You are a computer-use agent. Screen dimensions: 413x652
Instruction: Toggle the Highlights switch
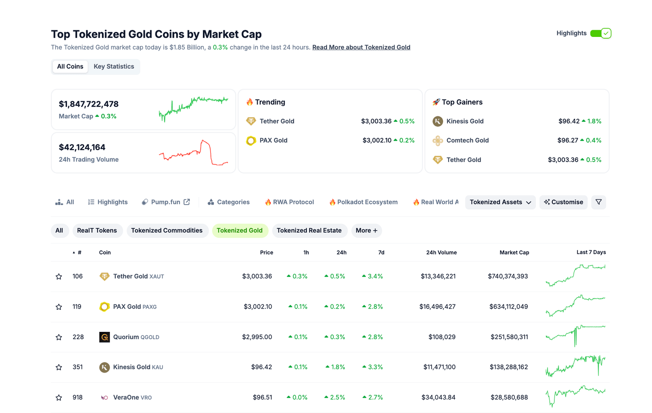tap(600, 33)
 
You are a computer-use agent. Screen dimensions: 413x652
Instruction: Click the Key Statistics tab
tap(114, 67)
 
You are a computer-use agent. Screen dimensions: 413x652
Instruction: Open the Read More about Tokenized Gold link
tap(361, 47)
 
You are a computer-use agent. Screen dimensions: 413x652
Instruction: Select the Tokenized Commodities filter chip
tap(166, 230)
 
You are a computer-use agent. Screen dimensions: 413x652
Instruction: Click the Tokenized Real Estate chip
tap(309, 230)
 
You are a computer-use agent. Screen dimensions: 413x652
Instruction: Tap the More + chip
tap(366, 230)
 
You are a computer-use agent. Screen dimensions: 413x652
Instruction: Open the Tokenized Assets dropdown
tap(500, 202)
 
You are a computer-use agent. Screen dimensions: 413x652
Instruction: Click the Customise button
tap(563, 202)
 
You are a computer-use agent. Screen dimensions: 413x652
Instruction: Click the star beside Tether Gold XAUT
tap(59, 277)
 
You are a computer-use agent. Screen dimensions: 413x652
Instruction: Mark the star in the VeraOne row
tap(59, 398)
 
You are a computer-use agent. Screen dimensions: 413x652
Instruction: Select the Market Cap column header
tap(514, 253)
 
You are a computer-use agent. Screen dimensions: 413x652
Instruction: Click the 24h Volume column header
tap(441, 253)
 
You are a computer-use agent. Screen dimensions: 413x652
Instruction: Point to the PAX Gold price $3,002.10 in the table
tap(258, 306)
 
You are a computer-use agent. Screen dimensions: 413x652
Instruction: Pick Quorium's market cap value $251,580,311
tap(509, 337)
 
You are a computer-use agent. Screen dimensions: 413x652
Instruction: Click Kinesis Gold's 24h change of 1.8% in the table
tap(335, 367)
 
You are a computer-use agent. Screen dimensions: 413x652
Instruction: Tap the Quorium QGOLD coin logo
tap(104, 337)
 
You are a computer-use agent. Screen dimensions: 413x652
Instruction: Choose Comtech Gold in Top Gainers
tap(467, 140)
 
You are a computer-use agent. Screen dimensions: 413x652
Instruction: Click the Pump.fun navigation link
tap(166, 202)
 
